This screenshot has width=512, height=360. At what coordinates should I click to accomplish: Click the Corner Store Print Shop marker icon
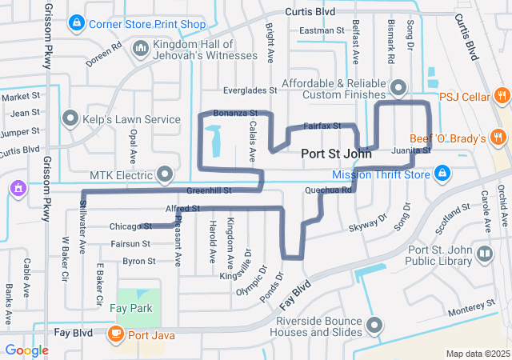coord(77,23)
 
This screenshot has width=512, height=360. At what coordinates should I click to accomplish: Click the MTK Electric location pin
coord(166,174)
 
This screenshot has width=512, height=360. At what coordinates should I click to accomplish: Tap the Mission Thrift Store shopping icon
coord(442,172)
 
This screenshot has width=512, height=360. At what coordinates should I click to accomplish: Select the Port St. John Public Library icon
coord(485,254)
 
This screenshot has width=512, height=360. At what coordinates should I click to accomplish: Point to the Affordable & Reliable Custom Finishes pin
coord(399,88)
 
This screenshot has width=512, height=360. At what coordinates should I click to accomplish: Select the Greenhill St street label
coord(209,191)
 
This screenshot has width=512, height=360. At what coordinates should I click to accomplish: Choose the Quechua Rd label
coord(328,190)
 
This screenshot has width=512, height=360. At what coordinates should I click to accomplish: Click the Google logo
coord(26,350)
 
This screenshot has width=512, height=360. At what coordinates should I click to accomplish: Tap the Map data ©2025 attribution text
coord(477,354)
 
